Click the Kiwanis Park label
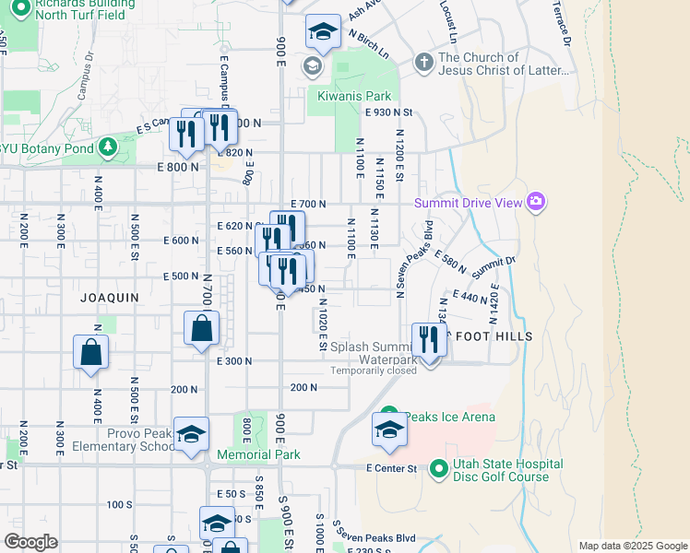pyautogui.click(x=354, y=96)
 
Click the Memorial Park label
pyautogui.click(x=259, y=454)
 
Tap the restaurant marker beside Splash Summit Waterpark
pyautogui.click(x=429, y=339)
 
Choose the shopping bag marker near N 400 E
pyautogui.click(x=90, y=351)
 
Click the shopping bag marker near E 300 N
pyautogui.click(x=201, y=328)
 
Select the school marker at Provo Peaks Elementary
pyautogui.click(x=191, y=435)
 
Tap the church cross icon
pyautogui.click(x=423, y=64)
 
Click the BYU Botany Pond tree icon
pyautogui.click(x=108, y=147)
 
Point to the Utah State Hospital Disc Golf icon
pyautogui.click(x=437, y=470)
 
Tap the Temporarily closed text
pyautogui.click(x=375, y=371)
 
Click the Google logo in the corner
pyautogui.click(x=30, y=542)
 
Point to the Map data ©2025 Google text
pyautogui.click(x=633, y=546)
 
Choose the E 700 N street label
pyautogui.click(x=308, y=204)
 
